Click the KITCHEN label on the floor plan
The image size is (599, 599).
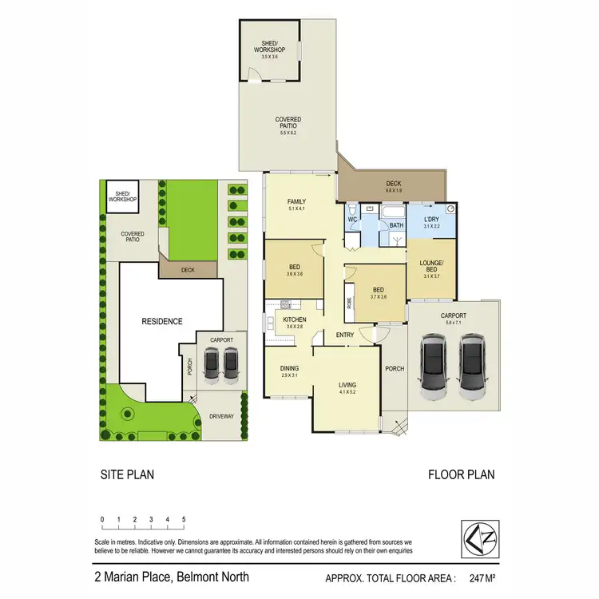point(295,319)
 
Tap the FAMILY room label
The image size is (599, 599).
point(297,201)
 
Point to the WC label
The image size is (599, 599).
point(352,218)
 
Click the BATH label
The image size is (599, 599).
point(395,225)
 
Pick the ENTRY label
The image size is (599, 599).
point(345,335)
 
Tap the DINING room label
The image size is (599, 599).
point(289,368)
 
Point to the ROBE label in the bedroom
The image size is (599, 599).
point(350,303)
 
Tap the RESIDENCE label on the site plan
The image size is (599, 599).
point(163,321)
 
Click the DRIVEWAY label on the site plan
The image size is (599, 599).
point(221,416)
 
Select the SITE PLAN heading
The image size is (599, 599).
point(126,474)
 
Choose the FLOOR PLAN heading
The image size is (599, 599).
point(461,474)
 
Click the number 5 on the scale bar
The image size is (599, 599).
point(184,520)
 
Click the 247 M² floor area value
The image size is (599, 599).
point(477,577)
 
